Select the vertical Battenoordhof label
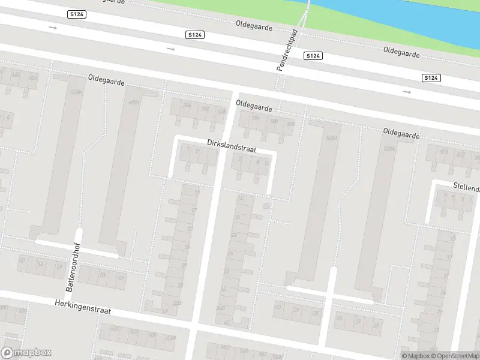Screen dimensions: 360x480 [78, 271]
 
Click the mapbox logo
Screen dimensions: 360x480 [26, 353]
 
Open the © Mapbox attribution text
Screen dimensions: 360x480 [415, 356]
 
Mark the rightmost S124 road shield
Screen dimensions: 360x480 [431, 78]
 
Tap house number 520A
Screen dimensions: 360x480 [390, 147]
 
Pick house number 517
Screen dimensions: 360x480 [461, 155]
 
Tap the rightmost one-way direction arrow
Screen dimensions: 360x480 [407, 92]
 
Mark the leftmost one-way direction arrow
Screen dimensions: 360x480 [53, 28]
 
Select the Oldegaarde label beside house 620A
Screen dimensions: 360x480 [106, 80]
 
